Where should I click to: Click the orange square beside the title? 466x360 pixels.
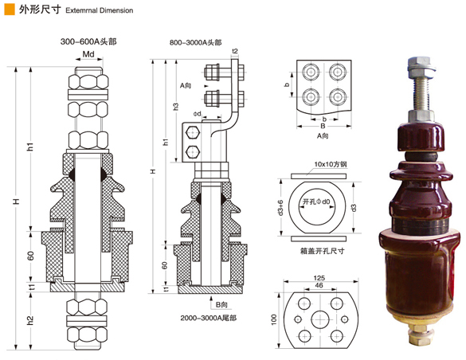pyautogui.click(x=10, y=10)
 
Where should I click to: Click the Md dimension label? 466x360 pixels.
pyautogui.click(x=88, y=54)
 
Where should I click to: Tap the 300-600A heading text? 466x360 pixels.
pyautogui.click(x=88, y=41)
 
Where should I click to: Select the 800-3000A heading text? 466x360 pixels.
pyautogui.click(x=195, y=42)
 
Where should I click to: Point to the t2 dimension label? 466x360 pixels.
pyautogui.click(x=235, y=51)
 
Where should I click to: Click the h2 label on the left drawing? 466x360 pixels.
pyautogui.click(x=30, y=320)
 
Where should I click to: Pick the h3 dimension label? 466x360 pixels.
pyautogui.click(x=176, y=107)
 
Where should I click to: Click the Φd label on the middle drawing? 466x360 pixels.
pyautogui.click(x=197, y=114)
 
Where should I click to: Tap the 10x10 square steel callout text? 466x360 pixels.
pyautogui.click(x=331, y=164)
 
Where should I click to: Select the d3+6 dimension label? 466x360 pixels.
pyautogui.click(x=280, y=207)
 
